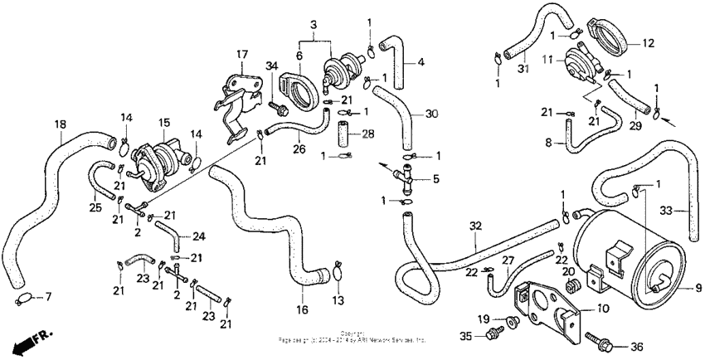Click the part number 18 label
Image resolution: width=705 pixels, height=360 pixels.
click(60, 124)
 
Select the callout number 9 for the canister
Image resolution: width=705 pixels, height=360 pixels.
click(698, 288)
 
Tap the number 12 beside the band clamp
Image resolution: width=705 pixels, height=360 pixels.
click(648, 42)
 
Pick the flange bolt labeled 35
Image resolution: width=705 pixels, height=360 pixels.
click(495, 334)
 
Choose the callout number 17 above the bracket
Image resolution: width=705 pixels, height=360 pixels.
click(241, 55)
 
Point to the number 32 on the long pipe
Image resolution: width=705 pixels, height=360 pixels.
click(474, 225)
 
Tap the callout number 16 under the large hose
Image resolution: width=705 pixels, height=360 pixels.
click(302, 309)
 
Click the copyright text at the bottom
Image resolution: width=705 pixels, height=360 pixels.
click(352, 336)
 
